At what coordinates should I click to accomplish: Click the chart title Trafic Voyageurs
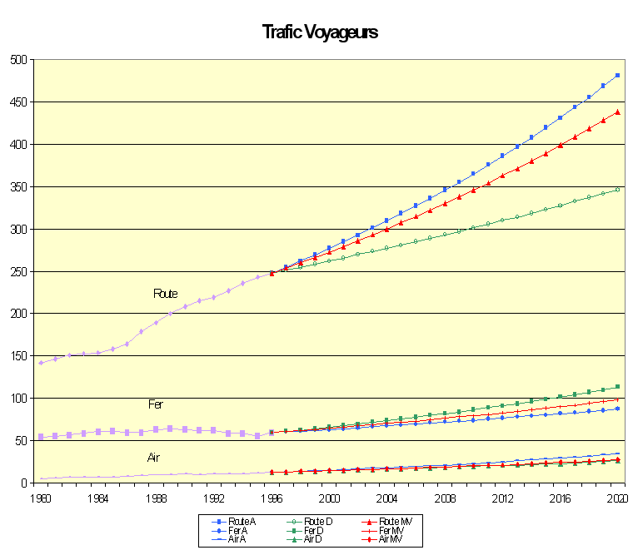tap(320, 32)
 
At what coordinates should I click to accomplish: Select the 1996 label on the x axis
tap(272, 498)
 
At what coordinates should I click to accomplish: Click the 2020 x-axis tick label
tap(618, 498)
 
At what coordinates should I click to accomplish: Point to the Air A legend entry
tap(235, 540)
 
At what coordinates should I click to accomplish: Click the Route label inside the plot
tap(165, 294)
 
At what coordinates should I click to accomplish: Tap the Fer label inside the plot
tap(156, 404)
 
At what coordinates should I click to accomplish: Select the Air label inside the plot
tap(153, 458)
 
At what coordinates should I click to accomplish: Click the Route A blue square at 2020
tap(618, 76)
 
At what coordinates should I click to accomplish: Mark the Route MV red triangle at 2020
tap(618, 112)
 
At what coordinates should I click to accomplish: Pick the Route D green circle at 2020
tap(618, 190)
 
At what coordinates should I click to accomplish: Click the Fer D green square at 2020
tap(618, 387)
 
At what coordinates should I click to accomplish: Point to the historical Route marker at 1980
tap(41, 363)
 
